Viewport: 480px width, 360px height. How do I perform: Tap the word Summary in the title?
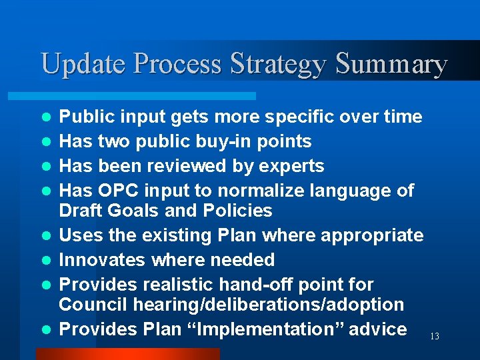click(391, 65)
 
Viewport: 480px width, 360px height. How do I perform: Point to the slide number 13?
click(434, 337)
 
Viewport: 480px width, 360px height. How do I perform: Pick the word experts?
click(291, 166)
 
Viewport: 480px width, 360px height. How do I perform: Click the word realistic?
click(176, 285)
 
